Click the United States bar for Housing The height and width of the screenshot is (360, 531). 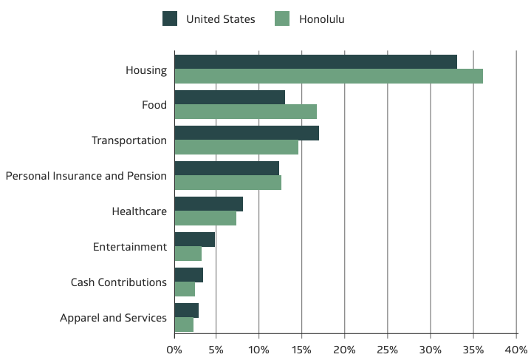point(315,62)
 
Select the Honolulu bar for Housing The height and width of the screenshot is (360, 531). point(329,76)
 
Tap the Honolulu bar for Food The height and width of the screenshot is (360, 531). point(245,112)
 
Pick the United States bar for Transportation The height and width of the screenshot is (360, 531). point(247,133)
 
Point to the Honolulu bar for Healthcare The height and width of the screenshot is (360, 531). point(205,218)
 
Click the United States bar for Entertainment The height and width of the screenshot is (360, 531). point(194,240)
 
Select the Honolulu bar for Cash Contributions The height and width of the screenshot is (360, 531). point(185,289)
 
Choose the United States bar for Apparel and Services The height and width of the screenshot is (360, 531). point(186,310)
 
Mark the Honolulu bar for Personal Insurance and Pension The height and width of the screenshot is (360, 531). point(227,183)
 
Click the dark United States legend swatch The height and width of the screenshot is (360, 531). point(170,19)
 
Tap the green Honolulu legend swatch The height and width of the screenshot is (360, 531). point(281,19)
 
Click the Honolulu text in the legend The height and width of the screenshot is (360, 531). point(321,19)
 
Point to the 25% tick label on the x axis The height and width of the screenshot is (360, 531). point(387,348)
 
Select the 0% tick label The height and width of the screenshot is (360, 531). point(174,348)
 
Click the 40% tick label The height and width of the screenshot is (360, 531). point(515,348)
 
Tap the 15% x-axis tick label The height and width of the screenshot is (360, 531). point(301,348)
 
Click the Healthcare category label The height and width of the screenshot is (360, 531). point(139,211)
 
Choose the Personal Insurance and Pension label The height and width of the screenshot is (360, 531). point(86,176)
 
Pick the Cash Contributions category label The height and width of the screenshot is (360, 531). point(118,282)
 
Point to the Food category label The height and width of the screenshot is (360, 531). point(154,105)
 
